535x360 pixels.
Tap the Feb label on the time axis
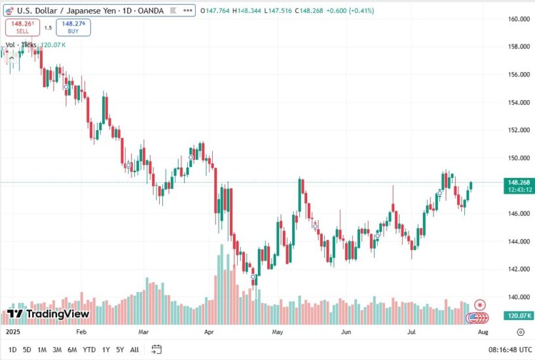(x=81, y=332)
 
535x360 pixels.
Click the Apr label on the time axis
(x=209, y=332)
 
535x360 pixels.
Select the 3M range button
(x=57, y=350)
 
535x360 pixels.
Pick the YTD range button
(x=89, y=350)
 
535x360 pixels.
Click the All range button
(x=134, y=350)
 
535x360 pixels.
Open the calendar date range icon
(x=157, y=350)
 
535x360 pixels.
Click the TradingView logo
(x=48, y=314)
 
